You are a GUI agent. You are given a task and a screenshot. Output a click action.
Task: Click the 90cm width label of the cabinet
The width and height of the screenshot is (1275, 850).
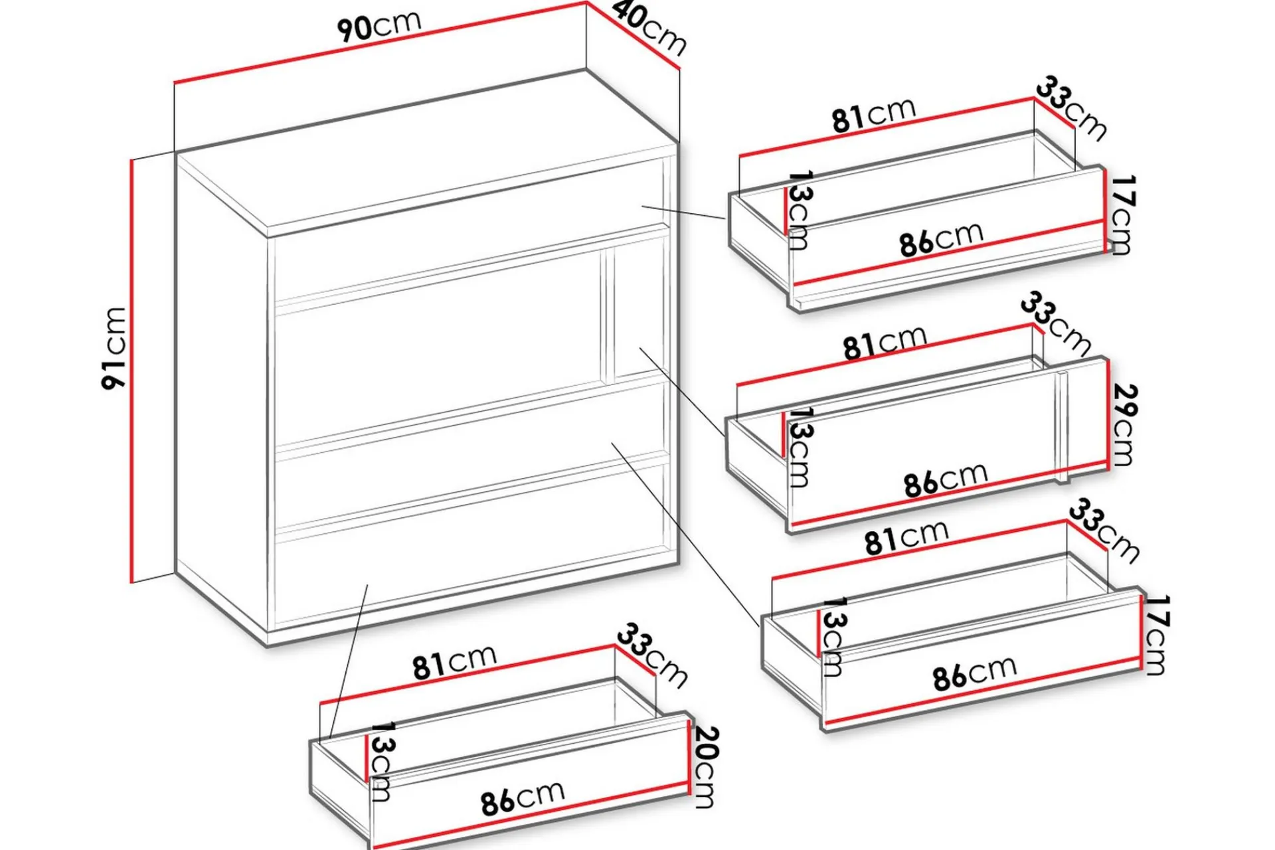pos(379,26)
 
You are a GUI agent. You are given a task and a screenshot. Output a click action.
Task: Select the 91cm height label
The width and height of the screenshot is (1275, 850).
pos(114,348)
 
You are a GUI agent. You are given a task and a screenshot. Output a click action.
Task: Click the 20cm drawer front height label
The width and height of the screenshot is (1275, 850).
pos(705,767)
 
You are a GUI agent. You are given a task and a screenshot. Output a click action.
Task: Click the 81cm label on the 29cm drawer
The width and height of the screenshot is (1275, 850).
pos(885,343)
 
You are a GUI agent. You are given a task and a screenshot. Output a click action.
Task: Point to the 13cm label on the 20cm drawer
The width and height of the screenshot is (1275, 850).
pos(380,762)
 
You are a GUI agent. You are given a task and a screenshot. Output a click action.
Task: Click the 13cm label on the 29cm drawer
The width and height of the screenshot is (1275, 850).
pos(799,447)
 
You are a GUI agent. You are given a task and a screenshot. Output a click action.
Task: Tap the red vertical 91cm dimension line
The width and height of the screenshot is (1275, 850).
pos(132,371)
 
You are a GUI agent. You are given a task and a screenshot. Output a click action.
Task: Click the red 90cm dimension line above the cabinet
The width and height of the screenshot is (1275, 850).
pos(381,42)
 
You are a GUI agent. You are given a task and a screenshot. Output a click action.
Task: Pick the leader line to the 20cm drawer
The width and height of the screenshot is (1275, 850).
pos(348,664)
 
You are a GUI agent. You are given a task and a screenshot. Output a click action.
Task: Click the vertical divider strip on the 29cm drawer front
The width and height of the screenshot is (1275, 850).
pos(1061,427)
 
